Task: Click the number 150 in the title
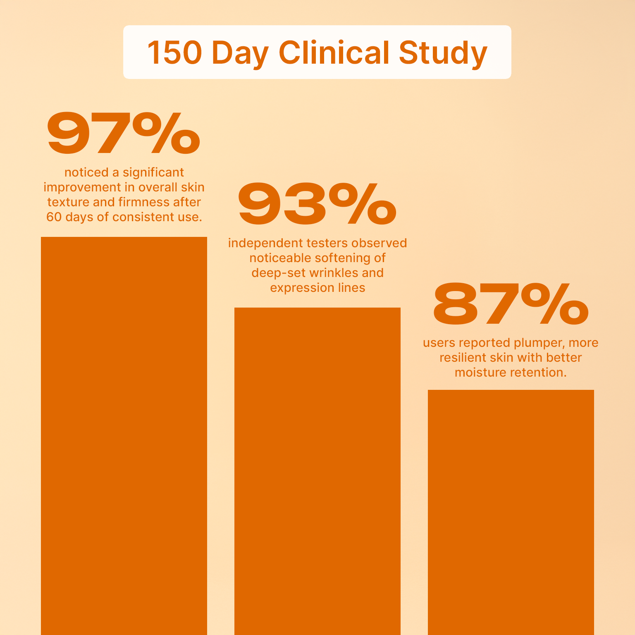coord(174,53)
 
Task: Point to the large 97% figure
coord(123,134)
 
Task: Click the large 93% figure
coord(317,205)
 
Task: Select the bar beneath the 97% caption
coord(124,434)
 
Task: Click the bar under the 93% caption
coord(317,471)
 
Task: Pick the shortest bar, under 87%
coord(511,513)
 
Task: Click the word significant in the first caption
coord(153,173)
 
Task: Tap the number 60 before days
coord(54,217)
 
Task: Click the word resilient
coord(463,358)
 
